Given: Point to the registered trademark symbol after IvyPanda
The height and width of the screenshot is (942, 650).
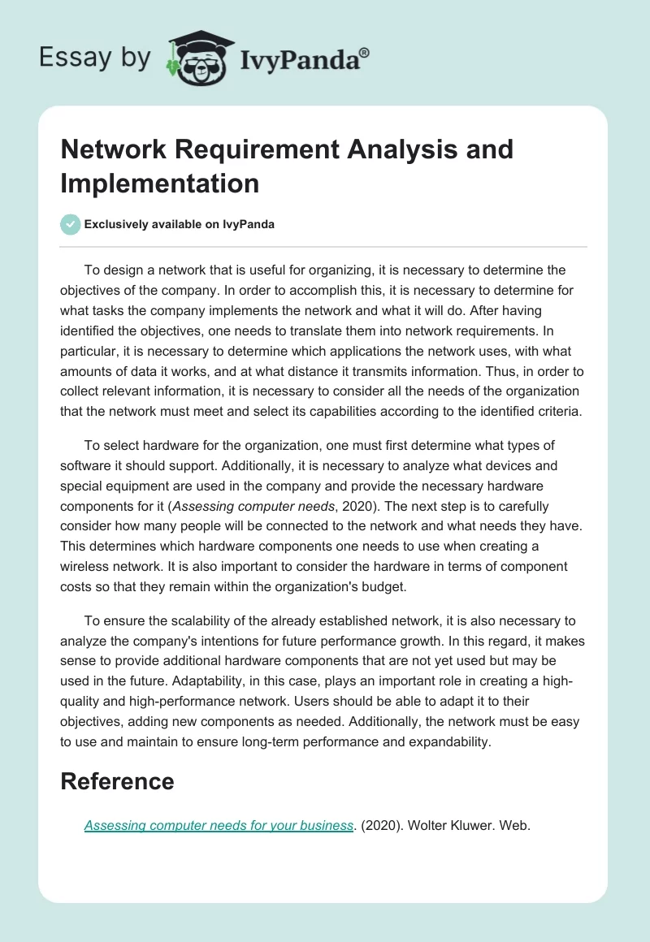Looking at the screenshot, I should click(365, 53).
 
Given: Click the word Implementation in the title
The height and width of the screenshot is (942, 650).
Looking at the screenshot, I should click(159, 183).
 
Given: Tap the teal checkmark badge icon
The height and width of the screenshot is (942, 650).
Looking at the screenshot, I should click(71, 224).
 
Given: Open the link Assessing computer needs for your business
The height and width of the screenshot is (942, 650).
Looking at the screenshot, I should click(219, 826).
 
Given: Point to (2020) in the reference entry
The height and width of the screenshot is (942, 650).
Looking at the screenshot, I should click(382, 826).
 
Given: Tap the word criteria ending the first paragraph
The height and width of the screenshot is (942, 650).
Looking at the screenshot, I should click(557, 411).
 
